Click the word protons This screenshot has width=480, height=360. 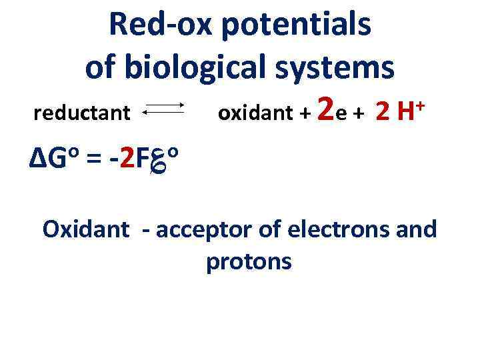(249, 262)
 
